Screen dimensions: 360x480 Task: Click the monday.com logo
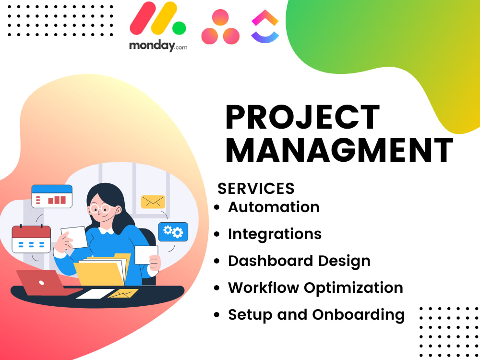pyautogui.click(x=158, y=26)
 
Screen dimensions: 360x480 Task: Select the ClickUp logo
pyautogui.click(x=265, y=27)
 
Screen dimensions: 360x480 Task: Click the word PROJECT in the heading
pyautogui.click(x=302, y=118)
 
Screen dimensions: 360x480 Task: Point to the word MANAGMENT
pyautogui.click(x=339, y=150)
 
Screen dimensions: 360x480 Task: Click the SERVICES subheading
pyautogui.click(x=256, y=188)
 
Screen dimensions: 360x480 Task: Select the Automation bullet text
pyautogui.click(x=274, y=207)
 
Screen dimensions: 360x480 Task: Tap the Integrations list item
pyautogui.click(x=275, y=234)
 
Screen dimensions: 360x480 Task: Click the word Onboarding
pyautogui.click(x=358, y=315)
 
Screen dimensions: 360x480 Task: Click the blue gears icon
pyautogui.click(x=173, y=232)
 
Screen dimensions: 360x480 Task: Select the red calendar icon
pyautogui.click(x=31, y=239)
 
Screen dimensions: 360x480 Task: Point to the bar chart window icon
pyautogui.click(x=52, y=196)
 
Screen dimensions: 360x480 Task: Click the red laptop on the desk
pyautogui.click(x=40, y=282)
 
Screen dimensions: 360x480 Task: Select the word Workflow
pyautogui.click(x=264, y=288)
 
